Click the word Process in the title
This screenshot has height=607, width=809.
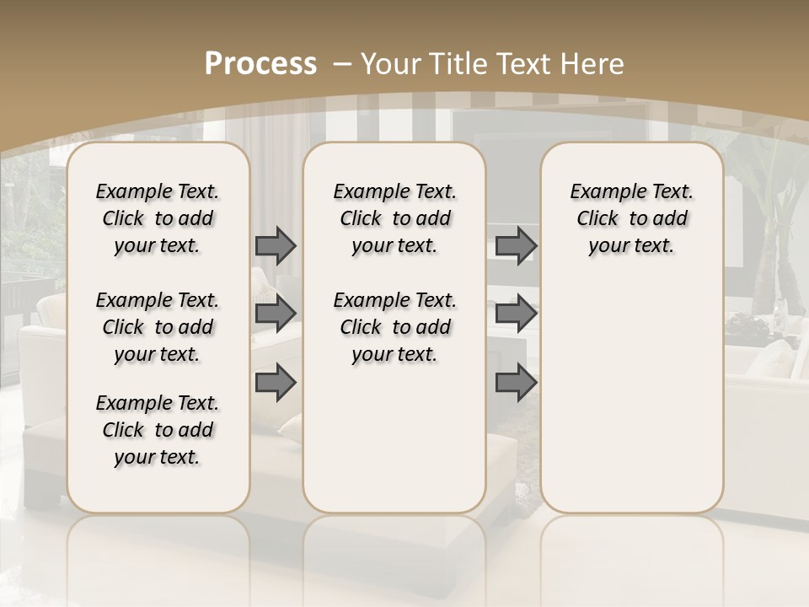click(260, 64)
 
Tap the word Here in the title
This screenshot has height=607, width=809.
click(593, 64)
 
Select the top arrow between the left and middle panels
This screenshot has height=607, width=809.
click(276, 246)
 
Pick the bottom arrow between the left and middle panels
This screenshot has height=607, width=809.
click(276, 384)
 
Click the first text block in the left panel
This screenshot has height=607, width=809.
click(158, 218)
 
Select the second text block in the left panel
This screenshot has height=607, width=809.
click(158, 327)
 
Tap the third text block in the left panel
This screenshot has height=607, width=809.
click(158, 430)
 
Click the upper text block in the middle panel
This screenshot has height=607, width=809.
click(394, 218)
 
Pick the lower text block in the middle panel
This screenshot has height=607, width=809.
click(394, 327)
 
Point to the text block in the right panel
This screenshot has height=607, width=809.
click(631, 218)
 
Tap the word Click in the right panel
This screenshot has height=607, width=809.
click(597, 219)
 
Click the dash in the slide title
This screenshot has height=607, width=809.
click(343, 64)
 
